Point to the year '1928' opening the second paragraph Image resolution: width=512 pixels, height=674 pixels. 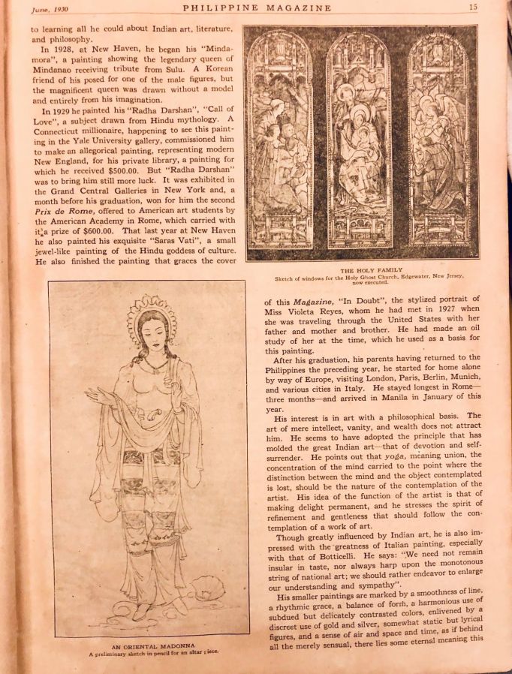pyautogui.click(x=57, y=49)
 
